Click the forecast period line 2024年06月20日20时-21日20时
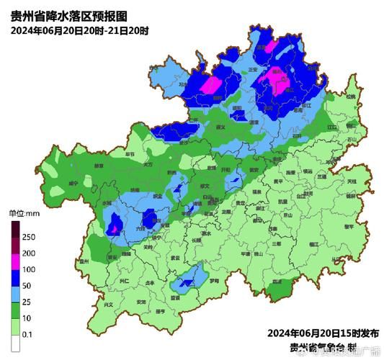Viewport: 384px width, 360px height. (x=80, y=30)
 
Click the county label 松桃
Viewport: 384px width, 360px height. (x=350, y=96)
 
